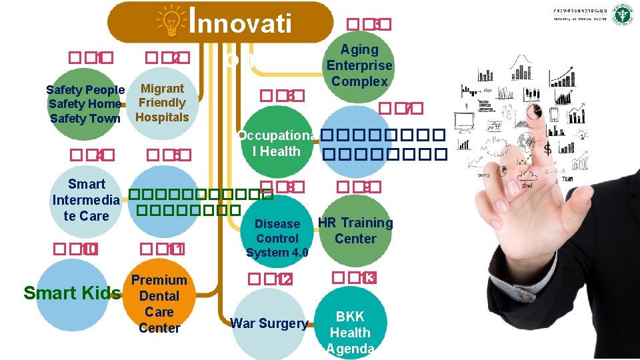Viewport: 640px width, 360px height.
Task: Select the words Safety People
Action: pyautogui.click(x=85, y=90)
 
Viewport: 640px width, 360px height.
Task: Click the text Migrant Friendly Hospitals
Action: pyautogui.click(x=162, y=103)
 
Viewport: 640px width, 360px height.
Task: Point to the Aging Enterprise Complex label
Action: pyautogui.click(x=359, y=65)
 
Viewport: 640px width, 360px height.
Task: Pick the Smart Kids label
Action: pyautogui.click(x=72, y=293)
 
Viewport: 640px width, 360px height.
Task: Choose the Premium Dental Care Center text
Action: pyautogui.click(x=159, y=304)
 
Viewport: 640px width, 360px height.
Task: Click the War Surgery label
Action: pyautogui.click(x=269, y=324)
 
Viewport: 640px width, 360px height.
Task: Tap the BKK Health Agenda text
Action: pyautogui.click(x=350, y=333)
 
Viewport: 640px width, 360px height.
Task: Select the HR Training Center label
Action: pyautogui.click(x=355, y=231)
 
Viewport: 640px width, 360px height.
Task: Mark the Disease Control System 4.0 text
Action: pyautogui.click(x=277, y=238)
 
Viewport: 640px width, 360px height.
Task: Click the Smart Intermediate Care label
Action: pyautogui.click(x=87, y=199)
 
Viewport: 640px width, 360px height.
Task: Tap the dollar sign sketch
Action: pyautogui.click(x=547, y=148)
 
